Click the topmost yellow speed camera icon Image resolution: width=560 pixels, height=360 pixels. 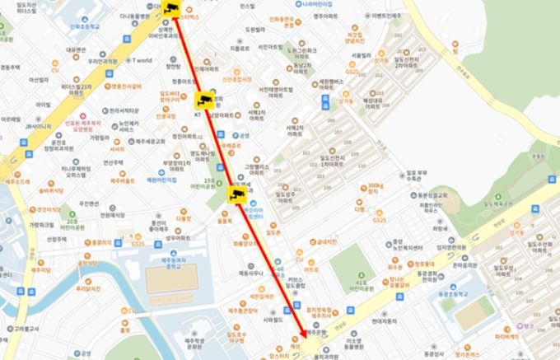[x=172, y=9]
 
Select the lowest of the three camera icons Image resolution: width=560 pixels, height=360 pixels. [x=235, y=194]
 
